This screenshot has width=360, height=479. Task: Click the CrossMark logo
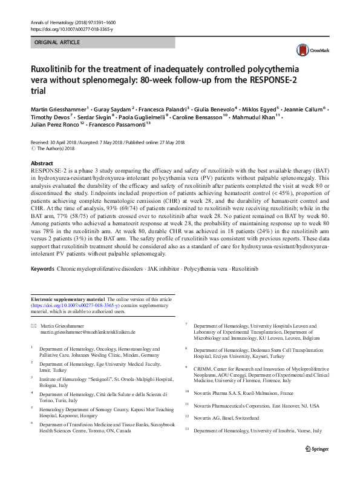point(309,50)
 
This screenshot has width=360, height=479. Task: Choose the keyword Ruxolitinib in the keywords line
point(234,268)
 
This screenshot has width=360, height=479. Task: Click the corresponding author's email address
point(87,332)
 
